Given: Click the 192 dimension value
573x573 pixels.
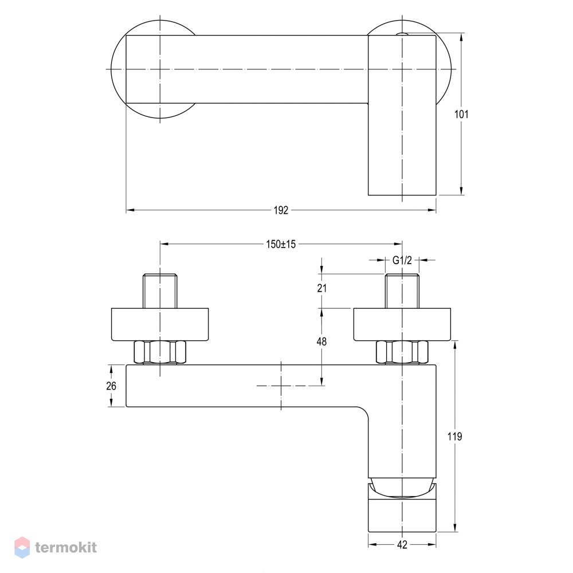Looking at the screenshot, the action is (x=281, y=210).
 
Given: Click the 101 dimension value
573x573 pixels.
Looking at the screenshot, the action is (x=461, y=115).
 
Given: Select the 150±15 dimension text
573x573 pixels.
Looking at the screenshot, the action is (x=281, y=244).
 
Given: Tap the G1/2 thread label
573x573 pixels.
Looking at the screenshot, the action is (x=402, y=260).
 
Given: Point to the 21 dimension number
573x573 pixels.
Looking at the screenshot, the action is (x=321, y=288).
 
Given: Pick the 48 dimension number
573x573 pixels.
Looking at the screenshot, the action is (x=321, y=342).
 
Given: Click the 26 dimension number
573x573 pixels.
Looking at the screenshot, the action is (x=111, y=386).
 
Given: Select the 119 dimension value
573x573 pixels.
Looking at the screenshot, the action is (x=454, y=436).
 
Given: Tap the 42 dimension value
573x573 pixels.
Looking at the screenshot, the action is (x=402, y=545).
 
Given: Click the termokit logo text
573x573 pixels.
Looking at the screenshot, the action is (x=66, y=547).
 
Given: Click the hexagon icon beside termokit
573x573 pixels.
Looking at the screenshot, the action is (x=22, y=547).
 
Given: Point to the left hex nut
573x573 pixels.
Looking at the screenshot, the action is (x=160, y=352).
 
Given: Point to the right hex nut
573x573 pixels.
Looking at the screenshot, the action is (x=402, y=352).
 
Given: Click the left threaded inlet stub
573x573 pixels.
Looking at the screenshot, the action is (x=160, y=291).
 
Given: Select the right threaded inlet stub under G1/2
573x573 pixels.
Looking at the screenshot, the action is (x=402, y=291).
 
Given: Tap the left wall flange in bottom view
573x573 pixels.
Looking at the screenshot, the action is (x=160, y=325).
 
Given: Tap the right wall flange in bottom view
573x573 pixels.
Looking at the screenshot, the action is (x=402, y=325).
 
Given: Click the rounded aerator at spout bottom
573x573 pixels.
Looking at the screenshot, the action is (x=402, y=488).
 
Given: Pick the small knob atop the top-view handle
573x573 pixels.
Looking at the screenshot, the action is (x=402, y=34).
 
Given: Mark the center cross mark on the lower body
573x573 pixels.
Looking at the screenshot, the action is (x=281, y=386).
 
